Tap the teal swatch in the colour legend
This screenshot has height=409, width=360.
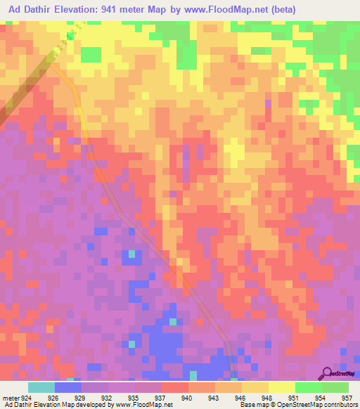point(41,387)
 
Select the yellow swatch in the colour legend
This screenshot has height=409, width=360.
point(281,387)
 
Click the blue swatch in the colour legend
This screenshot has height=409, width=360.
point(67,387)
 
